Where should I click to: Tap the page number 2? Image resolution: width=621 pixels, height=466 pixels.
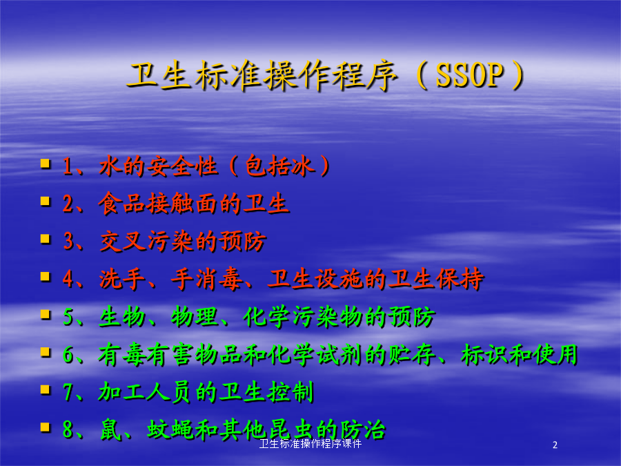pos(555,445)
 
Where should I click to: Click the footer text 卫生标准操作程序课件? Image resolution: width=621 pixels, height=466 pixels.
pos(310,444)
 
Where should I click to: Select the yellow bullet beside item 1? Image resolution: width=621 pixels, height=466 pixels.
pos(45,163)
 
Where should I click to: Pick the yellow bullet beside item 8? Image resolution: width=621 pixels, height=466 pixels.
pos(45,427)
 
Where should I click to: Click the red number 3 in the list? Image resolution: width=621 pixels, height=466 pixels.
pos(68,241)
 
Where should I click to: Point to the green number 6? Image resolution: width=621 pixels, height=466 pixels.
pos(68,354)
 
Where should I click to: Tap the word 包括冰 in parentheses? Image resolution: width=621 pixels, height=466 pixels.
pos(280,166)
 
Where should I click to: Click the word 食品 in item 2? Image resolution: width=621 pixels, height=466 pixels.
pos(121,203)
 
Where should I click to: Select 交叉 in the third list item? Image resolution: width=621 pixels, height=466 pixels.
pos(122,241)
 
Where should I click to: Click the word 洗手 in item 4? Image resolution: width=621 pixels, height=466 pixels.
pos(122,279)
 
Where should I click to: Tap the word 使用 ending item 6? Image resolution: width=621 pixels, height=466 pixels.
pos(555,354)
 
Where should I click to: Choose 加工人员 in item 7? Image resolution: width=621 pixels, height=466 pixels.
pos(146,392)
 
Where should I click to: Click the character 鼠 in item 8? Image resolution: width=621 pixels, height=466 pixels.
pos(110,429)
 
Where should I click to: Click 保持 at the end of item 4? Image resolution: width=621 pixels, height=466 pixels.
pos(460,279)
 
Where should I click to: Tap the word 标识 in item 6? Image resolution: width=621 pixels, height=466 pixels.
pos(484,354)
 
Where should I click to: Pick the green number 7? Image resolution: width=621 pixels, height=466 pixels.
pos(68,392)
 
